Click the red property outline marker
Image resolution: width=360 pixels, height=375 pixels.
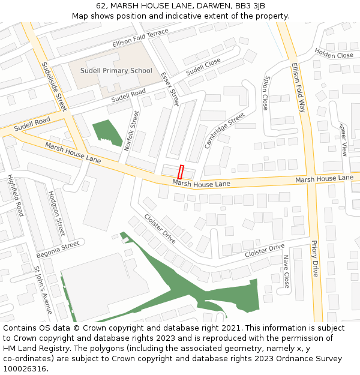point(181,171)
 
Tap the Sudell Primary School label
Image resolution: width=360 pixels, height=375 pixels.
point(116,71)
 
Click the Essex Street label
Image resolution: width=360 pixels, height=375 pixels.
point(170,89)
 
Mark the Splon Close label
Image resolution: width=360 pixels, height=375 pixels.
point(265,92)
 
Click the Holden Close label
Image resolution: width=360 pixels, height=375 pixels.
point(334,55)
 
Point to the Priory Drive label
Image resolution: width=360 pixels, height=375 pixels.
point(314,259)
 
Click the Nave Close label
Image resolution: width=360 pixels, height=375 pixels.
point(286,272)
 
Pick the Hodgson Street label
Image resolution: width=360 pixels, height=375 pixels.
point(56,214)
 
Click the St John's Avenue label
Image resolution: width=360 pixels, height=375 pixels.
point(43,290)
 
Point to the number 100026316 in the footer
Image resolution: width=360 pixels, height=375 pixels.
point(25,368)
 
